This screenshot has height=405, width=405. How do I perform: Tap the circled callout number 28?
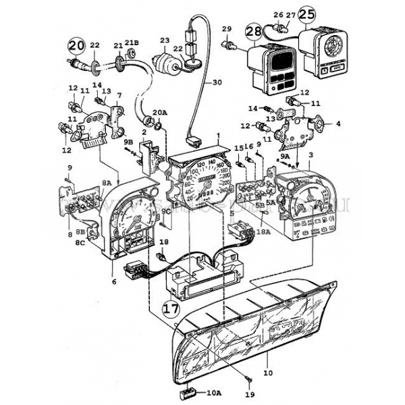pos(254,32)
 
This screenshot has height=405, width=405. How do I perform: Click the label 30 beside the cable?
pos(217,82)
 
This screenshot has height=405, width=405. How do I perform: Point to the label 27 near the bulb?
pos(290,14)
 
